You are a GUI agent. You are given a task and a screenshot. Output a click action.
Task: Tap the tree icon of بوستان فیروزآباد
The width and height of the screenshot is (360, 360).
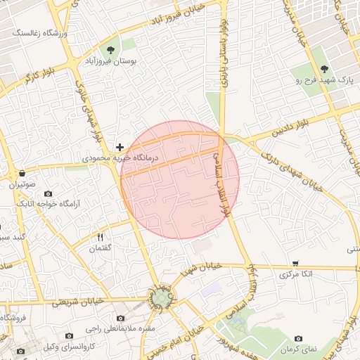(110, 49)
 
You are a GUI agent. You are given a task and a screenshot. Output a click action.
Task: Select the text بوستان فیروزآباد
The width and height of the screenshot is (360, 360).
(110, 62)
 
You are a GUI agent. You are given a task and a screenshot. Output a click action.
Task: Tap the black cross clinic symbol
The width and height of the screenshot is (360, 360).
(120, 147)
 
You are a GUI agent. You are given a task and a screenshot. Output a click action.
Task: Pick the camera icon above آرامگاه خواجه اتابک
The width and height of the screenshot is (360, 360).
(48, 193)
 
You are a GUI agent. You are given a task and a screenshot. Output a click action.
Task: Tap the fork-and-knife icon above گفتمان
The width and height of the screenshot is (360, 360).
(100, 237)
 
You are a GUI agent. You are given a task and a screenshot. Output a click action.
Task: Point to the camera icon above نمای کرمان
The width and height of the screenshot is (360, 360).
(299, 338)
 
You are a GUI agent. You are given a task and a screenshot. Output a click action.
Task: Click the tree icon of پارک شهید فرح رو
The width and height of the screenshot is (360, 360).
(323, 68)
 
